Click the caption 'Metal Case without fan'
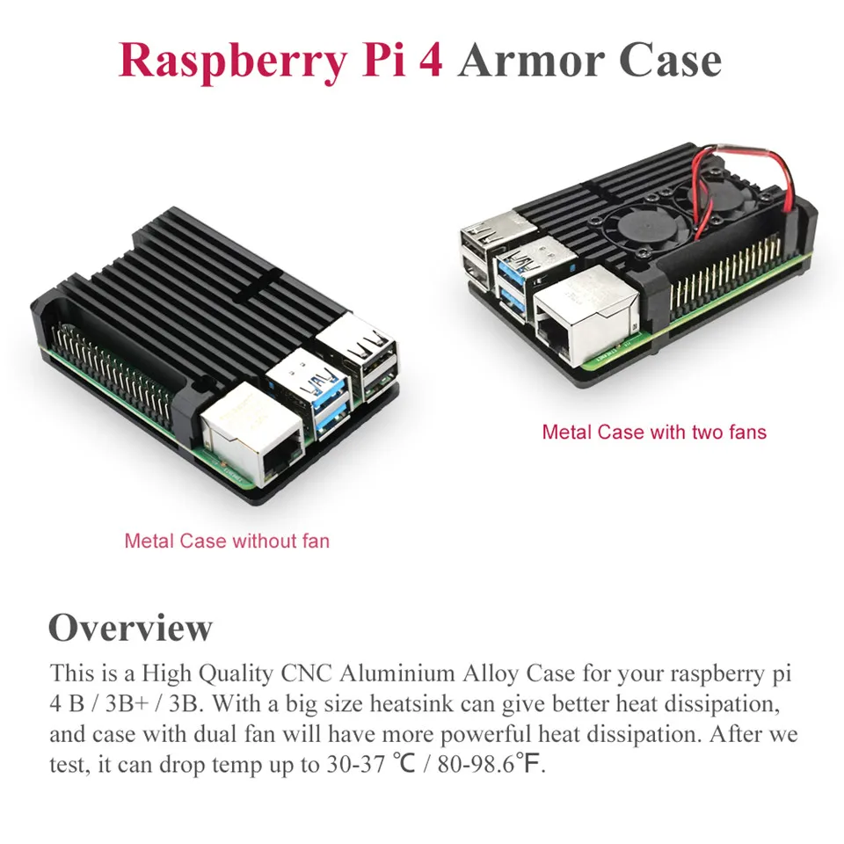pos(227,541)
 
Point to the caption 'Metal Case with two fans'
pos(654,432)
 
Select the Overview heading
pos(130,628)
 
